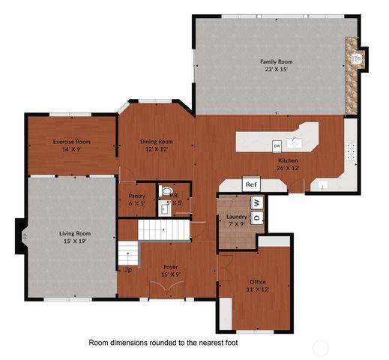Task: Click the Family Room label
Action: pyautogui.click(x=274, y=61)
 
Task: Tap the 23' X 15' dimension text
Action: pyautogui.click(x=274, y=70)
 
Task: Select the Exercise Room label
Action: pyautogui.click(x=71, y=141)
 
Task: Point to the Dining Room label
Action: pyautogui.click(x=157, y=141)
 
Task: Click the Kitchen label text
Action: pyautogui.click(x=289, y=160)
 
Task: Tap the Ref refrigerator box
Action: pyautogui.click(x=251, y=184)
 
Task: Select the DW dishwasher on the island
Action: pyautogui.click(x=277, y=145)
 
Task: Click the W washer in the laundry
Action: pyautogui.click(x=256, y=202)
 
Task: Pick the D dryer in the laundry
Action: pyautogui.click(x=256, y=217)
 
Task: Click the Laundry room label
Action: pyautogui.click(x=236, y=216)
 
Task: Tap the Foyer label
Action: pyautogui.click(x=172, y=266)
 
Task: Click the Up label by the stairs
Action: pyautogui.click(x=127, y=268)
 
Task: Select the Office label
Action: pyautogui.click(x=257, y=282)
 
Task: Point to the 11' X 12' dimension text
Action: pyautogui.click(x=257, y=289)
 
